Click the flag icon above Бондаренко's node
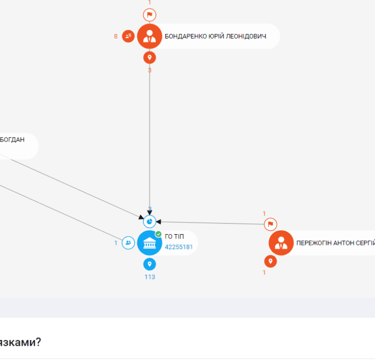click(149, 15)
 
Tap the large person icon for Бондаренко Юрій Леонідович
click(149, 36)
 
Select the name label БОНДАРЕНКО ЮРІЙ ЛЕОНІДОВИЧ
click(215, 36)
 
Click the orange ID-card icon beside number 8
click(128, 36)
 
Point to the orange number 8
click(116, 36)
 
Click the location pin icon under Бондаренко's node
click(149, 57)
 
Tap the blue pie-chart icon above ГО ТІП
click(149, 222)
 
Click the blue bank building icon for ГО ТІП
click(149, 243)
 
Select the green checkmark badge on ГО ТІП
click(158, 234)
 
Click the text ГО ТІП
click(174, 236)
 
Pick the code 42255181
click(179, 247)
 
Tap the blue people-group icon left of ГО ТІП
click(128, 243)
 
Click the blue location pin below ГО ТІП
click(149, 264)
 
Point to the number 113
click(150, 277)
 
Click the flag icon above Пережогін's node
click(271, 224)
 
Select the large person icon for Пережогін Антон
click(281, 243)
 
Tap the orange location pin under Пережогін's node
click(271, 261)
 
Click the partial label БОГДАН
click(12, 139)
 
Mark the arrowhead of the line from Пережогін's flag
click(158, 222)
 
